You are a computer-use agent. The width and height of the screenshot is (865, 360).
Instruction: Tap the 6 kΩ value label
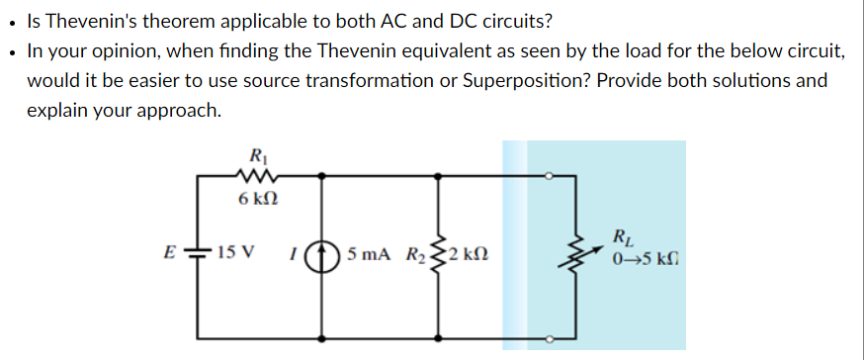[259, 201]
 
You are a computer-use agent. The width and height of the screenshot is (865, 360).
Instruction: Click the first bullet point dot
[10, 21]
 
